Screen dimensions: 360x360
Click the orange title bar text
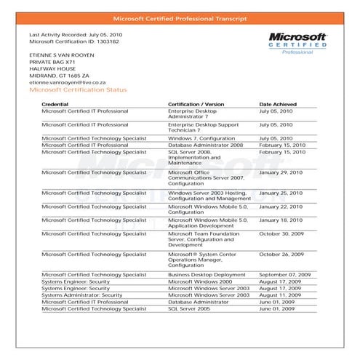pyautogui.click(x=180, y=17)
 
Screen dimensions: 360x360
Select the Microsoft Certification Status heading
pyautogui.click(x=77, y=90)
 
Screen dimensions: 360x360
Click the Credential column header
pyautogui.click(x=55, y=105)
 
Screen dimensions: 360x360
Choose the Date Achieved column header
pyautogui.click(x=279, y=105)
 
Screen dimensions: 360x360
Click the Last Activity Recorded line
pyautogui.click(x=75, y=34)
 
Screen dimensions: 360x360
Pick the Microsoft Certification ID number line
pyautogui.click(x=74, y=41)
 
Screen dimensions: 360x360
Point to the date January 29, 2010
pyautogui.click(x=282, y=172)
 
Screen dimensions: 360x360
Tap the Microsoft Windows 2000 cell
pyautogui.click(x=199, y=281)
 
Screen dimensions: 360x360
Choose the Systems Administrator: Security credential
pyautogui.click(x=82, y=295)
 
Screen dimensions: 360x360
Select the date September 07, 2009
pyautogui.click(x=285, y=275)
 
